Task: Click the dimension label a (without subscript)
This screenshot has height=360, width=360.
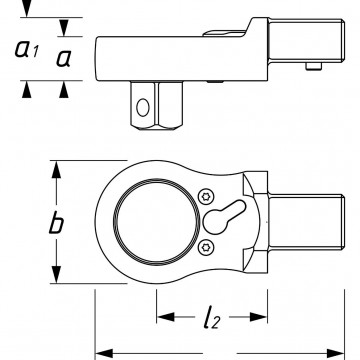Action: pos(63,59)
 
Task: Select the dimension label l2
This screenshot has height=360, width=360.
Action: pos(211,318)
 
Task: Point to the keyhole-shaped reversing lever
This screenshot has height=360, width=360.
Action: pos(223,217)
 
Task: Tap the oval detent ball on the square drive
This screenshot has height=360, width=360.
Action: pos(143,107)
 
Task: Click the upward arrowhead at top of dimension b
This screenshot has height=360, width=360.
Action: pos(57,170)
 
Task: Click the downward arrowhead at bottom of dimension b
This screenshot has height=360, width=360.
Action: pos(57,274)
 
